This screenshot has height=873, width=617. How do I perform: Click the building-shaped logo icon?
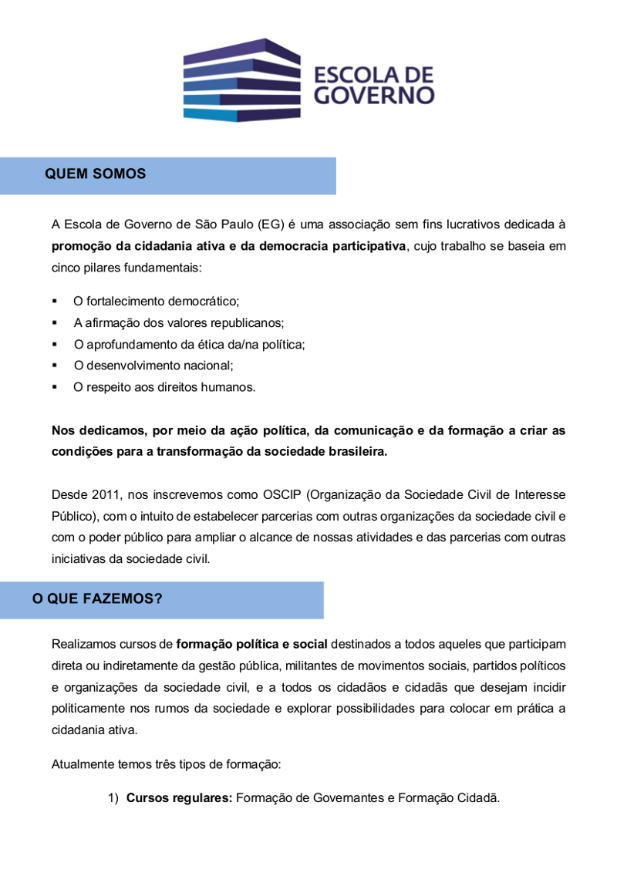(241, 80)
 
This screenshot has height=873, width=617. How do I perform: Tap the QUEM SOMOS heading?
(96, 174)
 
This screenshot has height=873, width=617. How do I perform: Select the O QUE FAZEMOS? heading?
(97, 598)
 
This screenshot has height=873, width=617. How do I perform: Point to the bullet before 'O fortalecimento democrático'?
(55, 301)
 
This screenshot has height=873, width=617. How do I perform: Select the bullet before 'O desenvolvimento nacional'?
(55, 366)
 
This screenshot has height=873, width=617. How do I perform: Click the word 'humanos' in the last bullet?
(229, 387)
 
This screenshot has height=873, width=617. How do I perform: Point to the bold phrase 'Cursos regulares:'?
(179, 799)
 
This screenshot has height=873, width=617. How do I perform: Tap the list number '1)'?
(113, 799)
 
